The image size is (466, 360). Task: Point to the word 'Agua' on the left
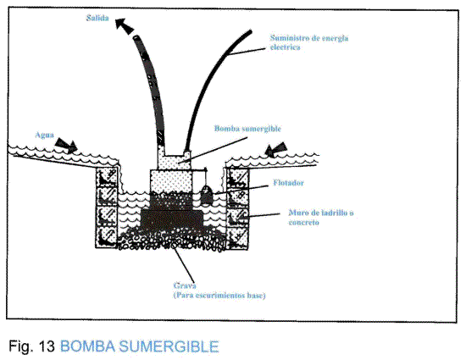coord(47,135)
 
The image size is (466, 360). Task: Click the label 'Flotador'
coord(286,180)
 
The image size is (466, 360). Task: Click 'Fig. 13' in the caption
coord(33,346)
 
